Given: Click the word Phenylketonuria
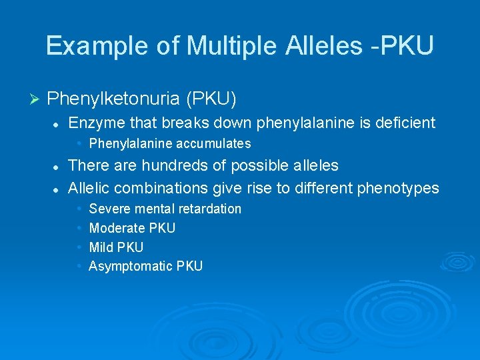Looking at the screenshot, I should [114, 99].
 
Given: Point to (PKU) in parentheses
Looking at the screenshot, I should [211, 99].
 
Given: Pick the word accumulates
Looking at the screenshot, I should [213, 143].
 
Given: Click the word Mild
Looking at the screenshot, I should [101, 247].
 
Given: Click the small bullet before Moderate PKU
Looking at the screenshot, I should [79, 228].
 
